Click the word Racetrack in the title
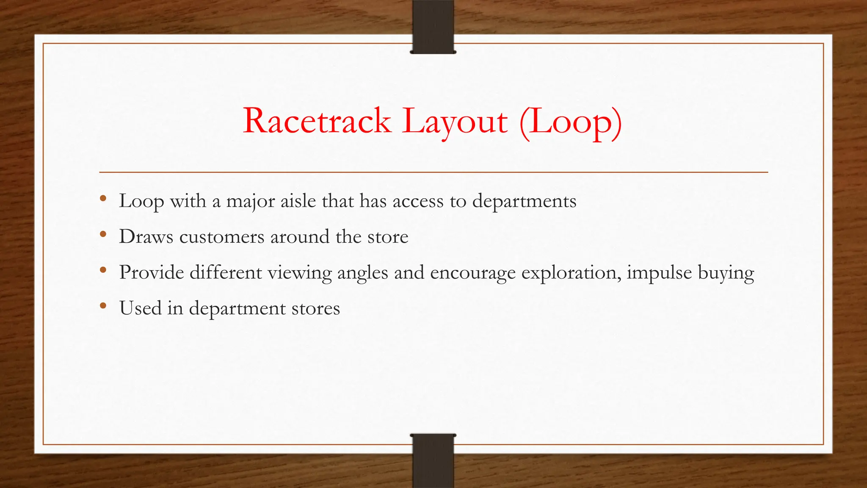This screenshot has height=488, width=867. point(317,121)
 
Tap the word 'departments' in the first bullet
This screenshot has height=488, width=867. point(524,201)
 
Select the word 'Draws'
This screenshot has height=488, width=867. point(146,236)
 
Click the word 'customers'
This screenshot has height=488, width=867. point(222,237)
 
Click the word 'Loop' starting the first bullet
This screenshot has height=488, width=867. point(141,201)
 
